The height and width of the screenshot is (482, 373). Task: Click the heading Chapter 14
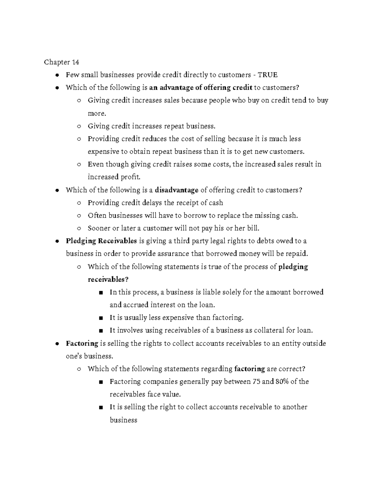tap(61, 62)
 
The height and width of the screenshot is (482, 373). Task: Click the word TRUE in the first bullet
tap(268, 75)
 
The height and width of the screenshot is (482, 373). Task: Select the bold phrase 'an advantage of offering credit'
tap(200, 88)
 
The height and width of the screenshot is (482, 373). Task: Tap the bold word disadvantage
tap(176, 190)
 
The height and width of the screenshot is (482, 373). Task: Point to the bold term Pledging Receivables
tap(101, 241)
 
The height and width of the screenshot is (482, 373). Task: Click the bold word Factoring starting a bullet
tap(82, 343)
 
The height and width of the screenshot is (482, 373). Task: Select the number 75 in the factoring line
tap(256, 381)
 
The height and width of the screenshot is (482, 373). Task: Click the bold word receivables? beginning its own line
tap(108, 279)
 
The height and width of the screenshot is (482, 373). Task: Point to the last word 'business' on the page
tap(123, 420)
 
